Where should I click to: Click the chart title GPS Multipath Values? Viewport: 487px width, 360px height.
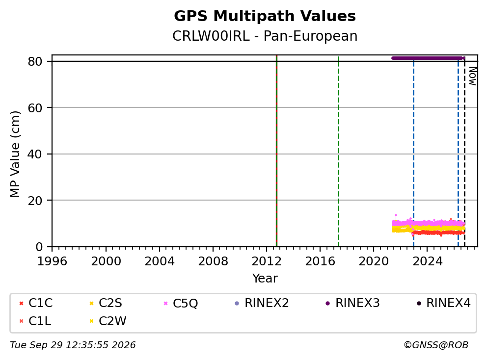[x=265, y=16]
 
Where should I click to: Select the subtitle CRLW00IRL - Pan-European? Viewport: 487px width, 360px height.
[x=265, y=36]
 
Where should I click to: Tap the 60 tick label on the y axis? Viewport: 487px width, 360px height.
[x=35, y=108]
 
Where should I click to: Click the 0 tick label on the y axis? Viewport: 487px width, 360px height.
[x=39, y=247]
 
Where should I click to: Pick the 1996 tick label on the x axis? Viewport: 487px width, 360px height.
[x=52, y=261]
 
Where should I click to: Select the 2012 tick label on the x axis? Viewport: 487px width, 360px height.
[x=266, y=261]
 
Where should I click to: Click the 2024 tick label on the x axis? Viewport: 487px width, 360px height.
[x=427, y=261]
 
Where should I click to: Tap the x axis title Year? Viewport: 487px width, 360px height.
[x=265, y=279]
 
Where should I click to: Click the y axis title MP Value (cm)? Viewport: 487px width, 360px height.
[x=15, y=154]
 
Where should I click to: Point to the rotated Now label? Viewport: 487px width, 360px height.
[x=472, y=76]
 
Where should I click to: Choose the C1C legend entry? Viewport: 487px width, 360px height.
[x=36, y=303]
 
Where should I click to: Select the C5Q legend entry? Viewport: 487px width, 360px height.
[x=181, y=303]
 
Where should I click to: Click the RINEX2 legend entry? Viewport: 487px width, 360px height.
[x=262, y=303]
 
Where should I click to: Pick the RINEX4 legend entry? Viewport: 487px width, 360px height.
[x=443, y=303]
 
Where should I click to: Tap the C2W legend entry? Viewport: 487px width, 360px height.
[x=108, y=321]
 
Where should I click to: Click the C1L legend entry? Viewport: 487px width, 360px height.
[x=35, y=321]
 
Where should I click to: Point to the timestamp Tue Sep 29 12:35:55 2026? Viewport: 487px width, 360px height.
[x=73, y=345]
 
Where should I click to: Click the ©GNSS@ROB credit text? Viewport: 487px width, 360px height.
[x=436, y=345]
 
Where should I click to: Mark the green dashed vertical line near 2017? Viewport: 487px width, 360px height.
[x=338, y=151]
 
